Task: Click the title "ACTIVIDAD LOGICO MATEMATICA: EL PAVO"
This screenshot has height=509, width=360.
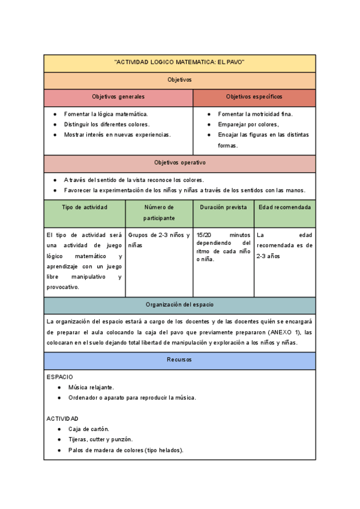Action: (179, 63)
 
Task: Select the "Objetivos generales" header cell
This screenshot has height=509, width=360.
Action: (118, 97)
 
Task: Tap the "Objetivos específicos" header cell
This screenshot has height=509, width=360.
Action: (254, 97)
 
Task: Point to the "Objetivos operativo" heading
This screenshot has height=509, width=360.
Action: (179, 163)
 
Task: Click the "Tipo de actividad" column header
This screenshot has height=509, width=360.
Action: (85, 207)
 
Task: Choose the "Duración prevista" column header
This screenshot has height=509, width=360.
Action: (223, 207)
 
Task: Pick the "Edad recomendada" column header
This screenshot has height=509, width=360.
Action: (285, 207)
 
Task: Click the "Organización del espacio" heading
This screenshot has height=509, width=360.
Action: (179, 305)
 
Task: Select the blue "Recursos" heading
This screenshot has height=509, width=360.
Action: (179, 360)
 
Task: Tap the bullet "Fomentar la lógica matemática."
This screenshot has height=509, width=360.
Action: (106, 113)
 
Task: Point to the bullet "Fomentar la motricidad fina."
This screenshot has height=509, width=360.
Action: (255, 113)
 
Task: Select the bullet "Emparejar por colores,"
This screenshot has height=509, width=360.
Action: (248, 124)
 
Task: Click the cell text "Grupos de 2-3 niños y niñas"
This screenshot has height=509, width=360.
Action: (158, 240)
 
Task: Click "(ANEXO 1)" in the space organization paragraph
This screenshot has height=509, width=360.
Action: (284, 332)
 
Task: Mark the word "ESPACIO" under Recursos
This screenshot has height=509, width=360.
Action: (60, 376)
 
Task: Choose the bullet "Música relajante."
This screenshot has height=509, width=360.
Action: (91, 387)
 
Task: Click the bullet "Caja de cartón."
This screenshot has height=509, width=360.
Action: (88, 429)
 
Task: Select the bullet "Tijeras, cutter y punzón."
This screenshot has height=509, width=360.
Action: (100, 439)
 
